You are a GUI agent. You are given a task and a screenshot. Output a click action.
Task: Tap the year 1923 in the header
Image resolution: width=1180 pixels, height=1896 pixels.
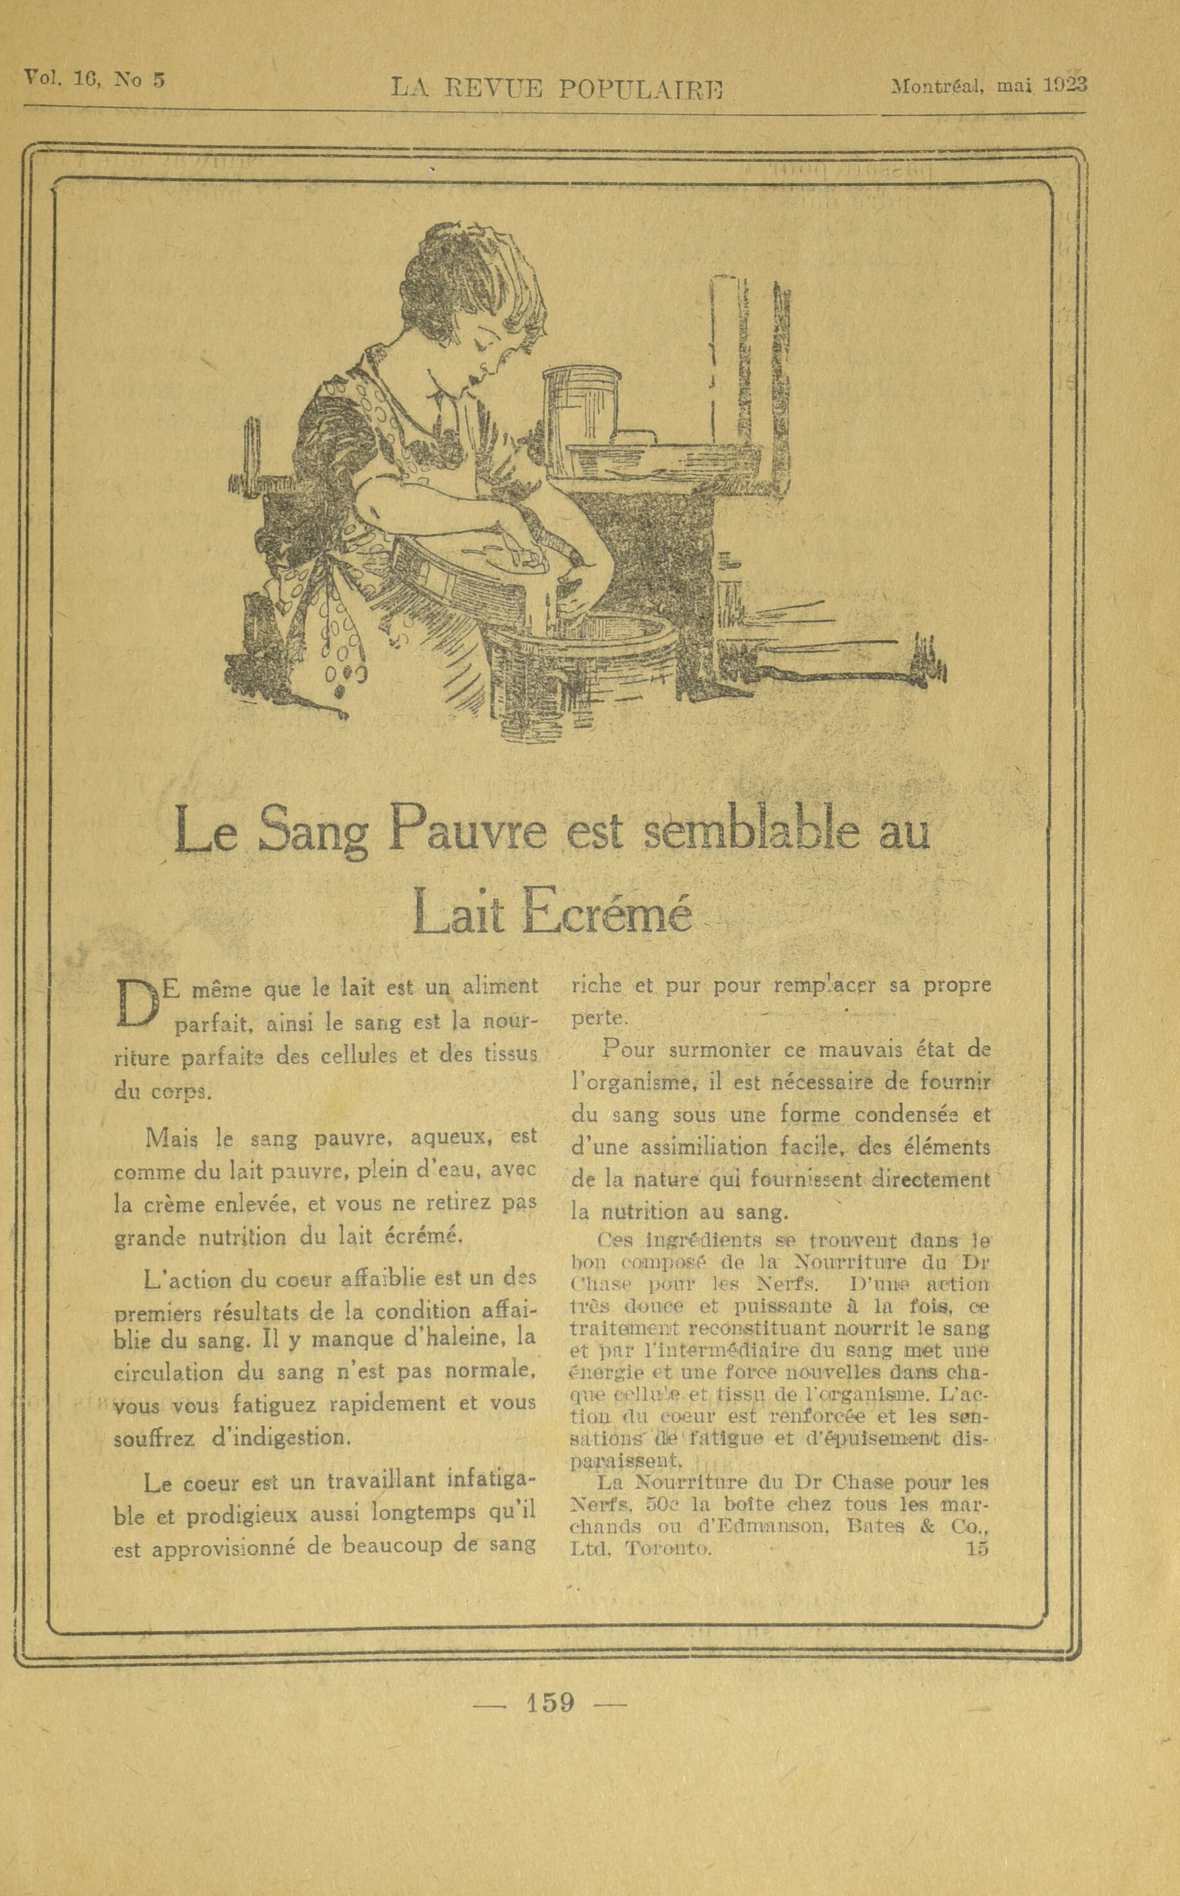tap(1065, 84)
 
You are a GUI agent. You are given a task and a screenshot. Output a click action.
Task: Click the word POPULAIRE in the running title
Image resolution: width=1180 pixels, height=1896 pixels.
tap(639, 89)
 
